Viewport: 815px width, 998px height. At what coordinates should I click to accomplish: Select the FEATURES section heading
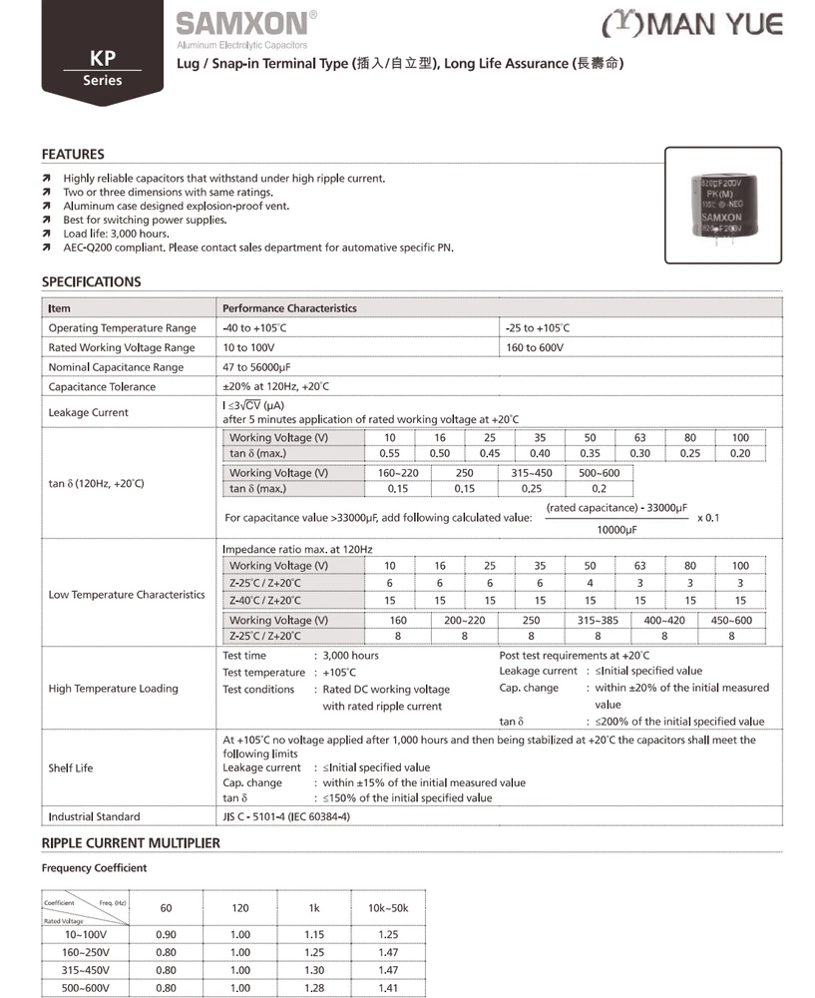click(x=73, y=155)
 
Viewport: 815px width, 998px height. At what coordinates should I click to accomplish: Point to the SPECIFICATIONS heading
click(x=91, y=282)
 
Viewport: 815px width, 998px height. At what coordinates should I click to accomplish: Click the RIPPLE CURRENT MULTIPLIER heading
click(x=131, y=843)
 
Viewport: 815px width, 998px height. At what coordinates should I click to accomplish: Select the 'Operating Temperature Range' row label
click(x=122, y=328)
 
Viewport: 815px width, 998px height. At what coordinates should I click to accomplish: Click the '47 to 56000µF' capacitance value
click(x=259, y=367)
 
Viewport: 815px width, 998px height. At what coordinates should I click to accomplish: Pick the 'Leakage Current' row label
click(x=88, y=412)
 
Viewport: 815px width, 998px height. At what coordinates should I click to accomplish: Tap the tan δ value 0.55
click(x=390, y=454)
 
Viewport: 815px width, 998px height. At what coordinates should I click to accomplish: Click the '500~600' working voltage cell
click(x=599, y=473)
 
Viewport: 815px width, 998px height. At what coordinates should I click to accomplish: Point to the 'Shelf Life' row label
click(x=70, y=768)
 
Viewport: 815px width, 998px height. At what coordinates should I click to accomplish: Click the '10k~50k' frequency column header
click(x=388, y=908)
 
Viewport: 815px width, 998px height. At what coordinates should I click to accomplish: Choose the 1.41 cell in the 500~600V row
click(x=388, y=988)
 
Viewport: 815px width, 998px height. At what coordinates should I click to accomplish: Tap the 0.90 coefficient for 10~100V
click(x=167, y=934)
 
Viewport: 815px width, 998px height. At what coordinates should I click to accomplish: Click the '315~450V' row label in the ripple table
click(x=88, y=970)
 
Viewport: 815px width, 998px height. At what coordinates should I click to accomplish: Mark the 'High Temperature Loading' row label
click(x=113, y=689)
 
